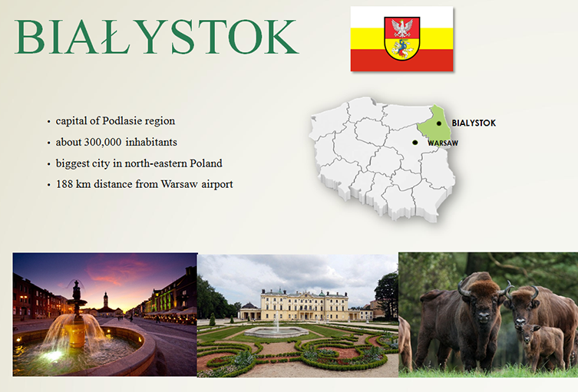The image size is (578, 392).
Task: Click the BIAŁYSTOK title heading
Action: click(x=157, y=37)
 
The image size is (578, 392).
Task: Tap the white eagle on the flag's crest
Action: click(x=401, y=28)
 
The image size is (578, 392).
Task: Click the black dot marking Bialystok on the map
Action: click(x=438, y=124)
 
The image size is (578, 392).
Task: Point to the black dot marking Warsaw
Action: click(x=415, y=143)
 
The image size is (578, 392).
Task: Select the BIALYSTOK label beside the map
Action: click(x=474, y=123)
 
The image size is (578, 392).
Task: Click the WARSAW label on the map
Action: click(x=443, y=143)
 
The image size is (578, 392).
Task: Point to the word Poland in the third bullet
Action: click(x=206, y=163)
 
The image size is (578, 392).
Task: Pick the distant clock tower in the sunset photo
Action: click(x=106, y=302)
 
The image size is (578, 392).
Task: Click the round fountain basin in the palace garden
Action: click(x=276, y=331)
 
